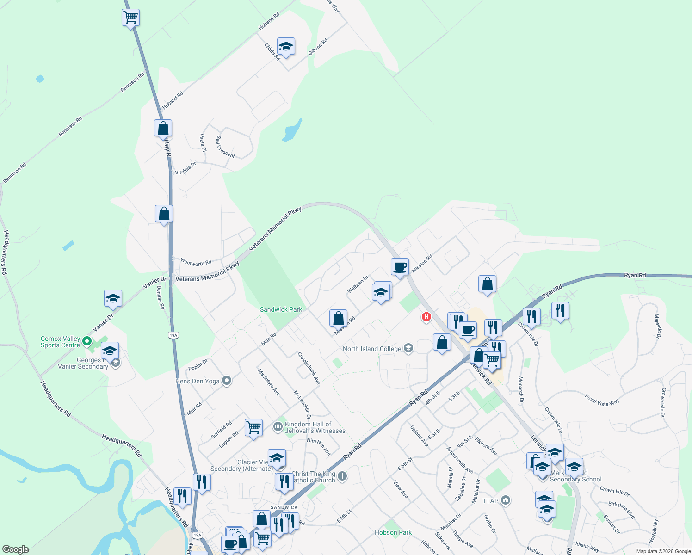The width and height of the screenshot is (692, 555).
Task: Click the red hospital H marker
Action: coord(426,317)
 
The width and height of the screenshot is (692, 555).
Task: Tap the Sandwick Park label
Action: coord(281,309)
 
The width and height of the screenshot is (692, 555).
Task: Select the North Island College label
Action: coord(372,349)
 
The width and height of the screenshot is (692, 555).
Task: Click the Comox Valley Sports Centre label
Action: coord(60,342)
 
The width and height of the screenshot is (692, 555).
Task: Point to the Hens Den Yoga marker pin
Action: coord(227,381)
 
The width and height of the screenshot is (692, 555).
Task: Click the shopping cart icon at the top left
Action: coord(131,18)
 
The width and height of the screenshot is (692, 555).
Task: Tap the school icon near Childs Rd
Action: coord(286,47)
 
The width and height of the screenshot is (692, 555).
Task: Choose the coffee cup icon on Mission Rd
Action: coord(400,267)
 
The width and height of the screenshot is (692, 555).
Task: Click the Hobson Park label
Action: coord(393,532)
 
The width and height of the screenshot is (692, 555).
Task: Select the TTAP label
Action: coord(490,501)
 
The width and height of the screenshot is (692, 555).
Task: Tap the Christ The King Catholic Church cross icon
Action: coord(342,476)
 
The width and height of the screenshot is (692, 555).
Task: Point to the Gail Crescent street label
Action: coord(225,147)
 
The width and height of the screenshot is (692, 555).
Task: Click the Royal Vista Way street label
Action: coord(601,400)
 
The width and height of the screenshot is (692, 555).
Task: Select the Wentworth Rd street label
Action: coord(196,262)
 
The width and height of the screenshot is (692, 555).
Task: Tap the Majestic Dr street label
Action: coord(657,326)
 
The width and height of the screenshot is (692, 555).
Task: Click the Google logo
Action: coord(16,549)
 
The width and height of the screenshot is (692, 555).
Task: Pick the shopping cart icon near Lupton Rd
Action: coord(253,428)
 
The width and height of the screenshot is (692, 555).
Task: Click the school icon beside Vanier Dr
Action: coord(113,299)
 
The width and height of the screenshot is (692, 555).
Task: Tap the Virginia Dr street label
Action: coord(185,168)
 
